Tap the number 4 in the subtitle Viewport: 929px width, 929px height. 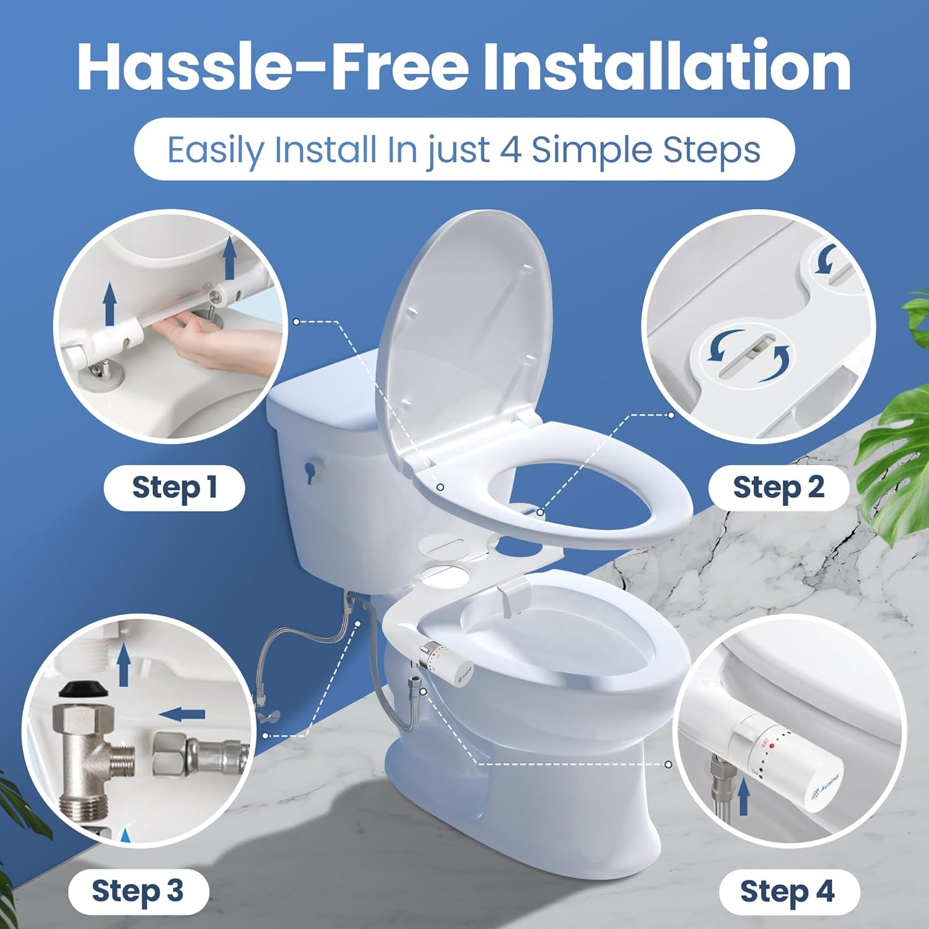click(x=510, y=150)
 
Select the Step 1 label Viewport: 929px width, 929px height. click(x=174, y=487)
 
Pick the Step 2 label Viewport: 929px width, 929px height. click(x=779, y=487)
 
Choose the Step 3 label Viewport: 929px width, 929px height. click(x=137, y=891)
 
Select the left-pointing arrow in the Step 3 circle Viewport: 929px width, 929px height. click(x=181, y=714)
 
